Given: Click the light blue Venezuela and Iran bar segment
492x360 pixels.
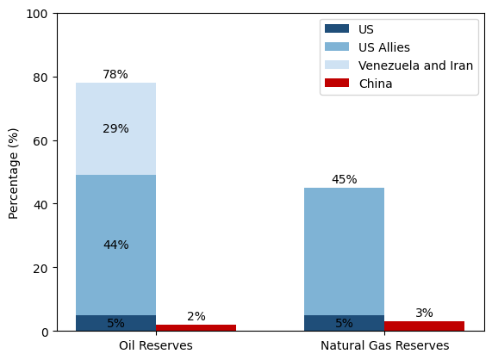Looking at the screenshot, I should [x=115, y=108].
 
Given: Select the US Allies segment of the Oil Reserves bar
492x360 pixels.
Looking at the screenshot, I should [x=115, y=215].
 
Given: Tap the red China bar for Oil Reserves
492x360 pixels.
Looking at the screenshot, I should [x=196, y=327].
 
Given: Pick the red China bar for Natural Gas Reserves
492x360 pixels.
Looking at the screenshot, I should [x=424, y=326].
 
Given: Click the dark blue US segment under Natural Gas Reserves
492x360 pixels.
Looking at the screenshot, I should [x=344, y=323].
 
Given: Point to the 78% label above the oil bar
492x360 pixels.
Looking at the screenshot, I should [x=115, y=75].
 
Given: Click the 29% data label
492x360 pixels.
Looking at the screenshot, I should [x=115, y=129].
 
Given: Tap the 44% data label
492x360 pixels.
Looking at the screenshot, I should [x=115, y=245].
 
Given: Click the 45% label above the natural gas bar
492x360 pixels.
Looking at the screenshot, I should [x=344, y=180].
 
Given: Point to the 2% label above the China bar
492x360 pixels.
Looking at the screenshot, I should [x=196, y=317].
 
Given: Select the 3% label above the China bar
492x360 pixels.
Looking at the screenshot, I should [x=424, y=313].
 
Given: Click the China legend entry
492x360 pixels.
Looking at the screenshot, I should [x=375, y=84].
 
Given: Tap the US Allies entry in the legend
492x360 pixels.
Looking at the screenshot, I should [x=383, y=47].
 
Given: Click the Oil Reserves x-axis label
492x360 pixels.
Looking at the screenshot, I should [x=155, y=346].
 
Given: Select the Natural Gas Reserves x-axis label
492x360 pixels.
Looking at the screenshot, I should [x=384, y=346].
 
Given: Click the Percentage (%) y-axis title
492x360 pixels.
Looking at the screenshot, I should [x=14, y=172].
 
